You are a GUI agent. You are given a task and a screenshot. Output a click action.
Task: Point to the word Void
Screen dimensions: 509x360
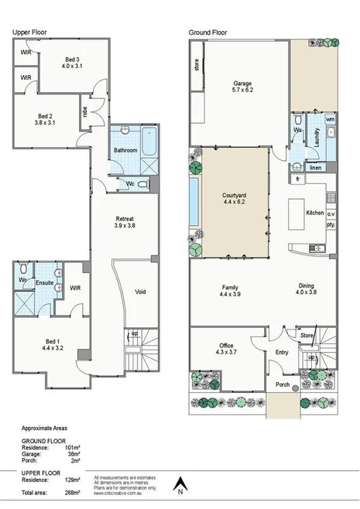[140, 292]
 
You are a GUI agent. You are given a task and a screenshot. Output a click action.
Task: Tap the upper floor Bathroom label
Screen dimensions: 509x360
[124, 150]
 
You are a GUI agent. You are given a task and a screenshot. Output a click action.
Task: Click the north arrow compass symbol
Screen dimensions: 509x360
[179, 485]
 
